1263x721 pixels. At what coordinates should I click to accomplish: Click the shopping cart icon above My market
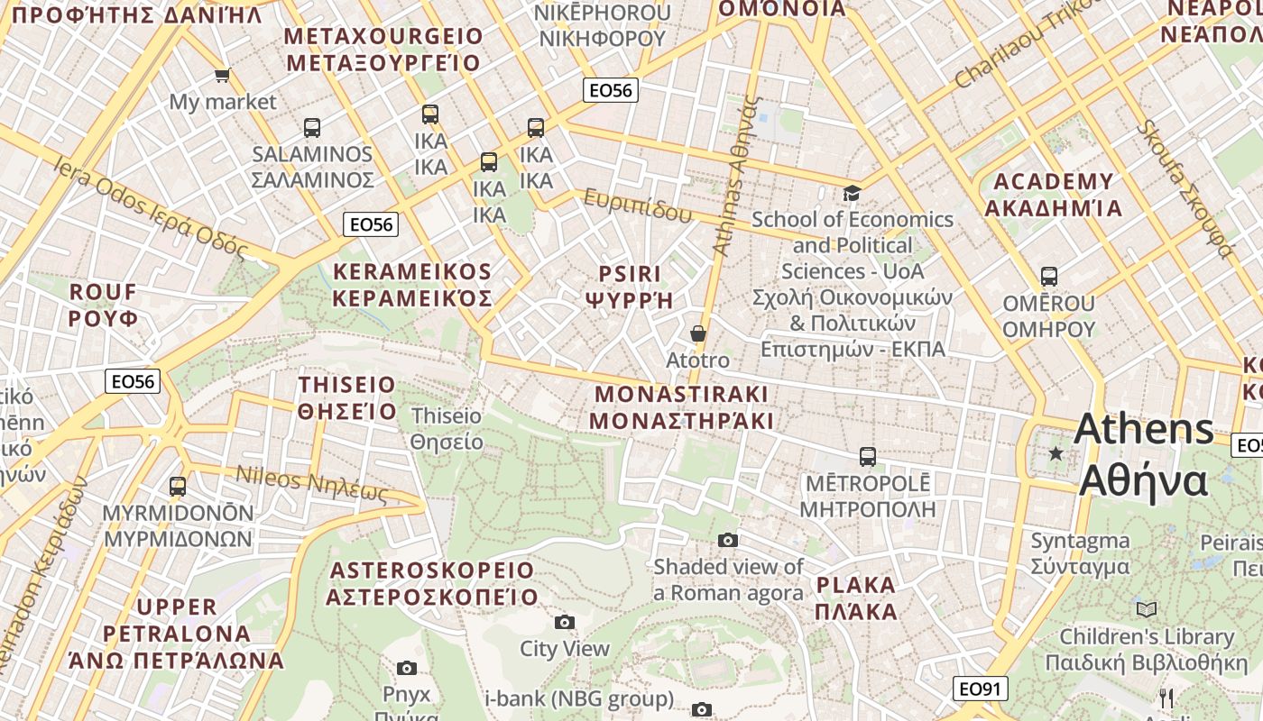pyautogui.click(x=222, y=75)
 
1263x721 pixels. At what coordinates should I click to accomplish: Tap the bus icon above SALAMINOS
pyautogui.click(x=312, y=127)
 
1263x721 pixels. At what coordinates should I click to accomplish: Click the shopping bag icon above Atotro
pyautogui.click(x=697, y=333)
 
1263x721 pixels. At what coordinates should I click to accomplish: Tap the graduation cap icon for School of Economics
pyautogui.click(x=852, y=193)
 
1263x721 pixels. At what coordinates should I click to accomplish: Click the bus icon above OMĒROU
pyautogui.click(x=1048, y=276)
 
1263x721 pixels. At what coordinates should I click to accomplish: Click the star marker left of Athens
pyautogui.click(x=1056, y=453)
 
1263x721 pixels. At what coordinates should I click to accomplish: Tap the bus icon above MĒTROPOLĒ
pyautogui.click(x=867, y=456)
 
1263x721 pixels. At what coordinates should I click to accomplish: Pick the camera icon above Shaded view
pyautogui.click(x=728, y=540)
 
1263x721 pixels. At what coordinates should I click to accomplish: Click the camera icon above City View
pyautogui.click(x=565, y=622)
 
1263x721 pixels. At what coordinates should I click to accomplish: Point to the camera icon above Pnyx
pyautogui.click(x=407, y=668)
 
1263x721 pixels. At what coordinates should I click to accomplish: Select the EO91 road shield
pyautogui.click(x=980, y=689)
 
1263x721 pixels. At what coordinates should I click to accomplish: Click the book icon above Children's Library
pyautogui.click(x=1146, y=609)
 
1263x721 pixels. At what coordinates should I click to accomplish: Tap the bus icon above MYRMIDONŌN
pyautogui.click(x=178, y=487)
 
